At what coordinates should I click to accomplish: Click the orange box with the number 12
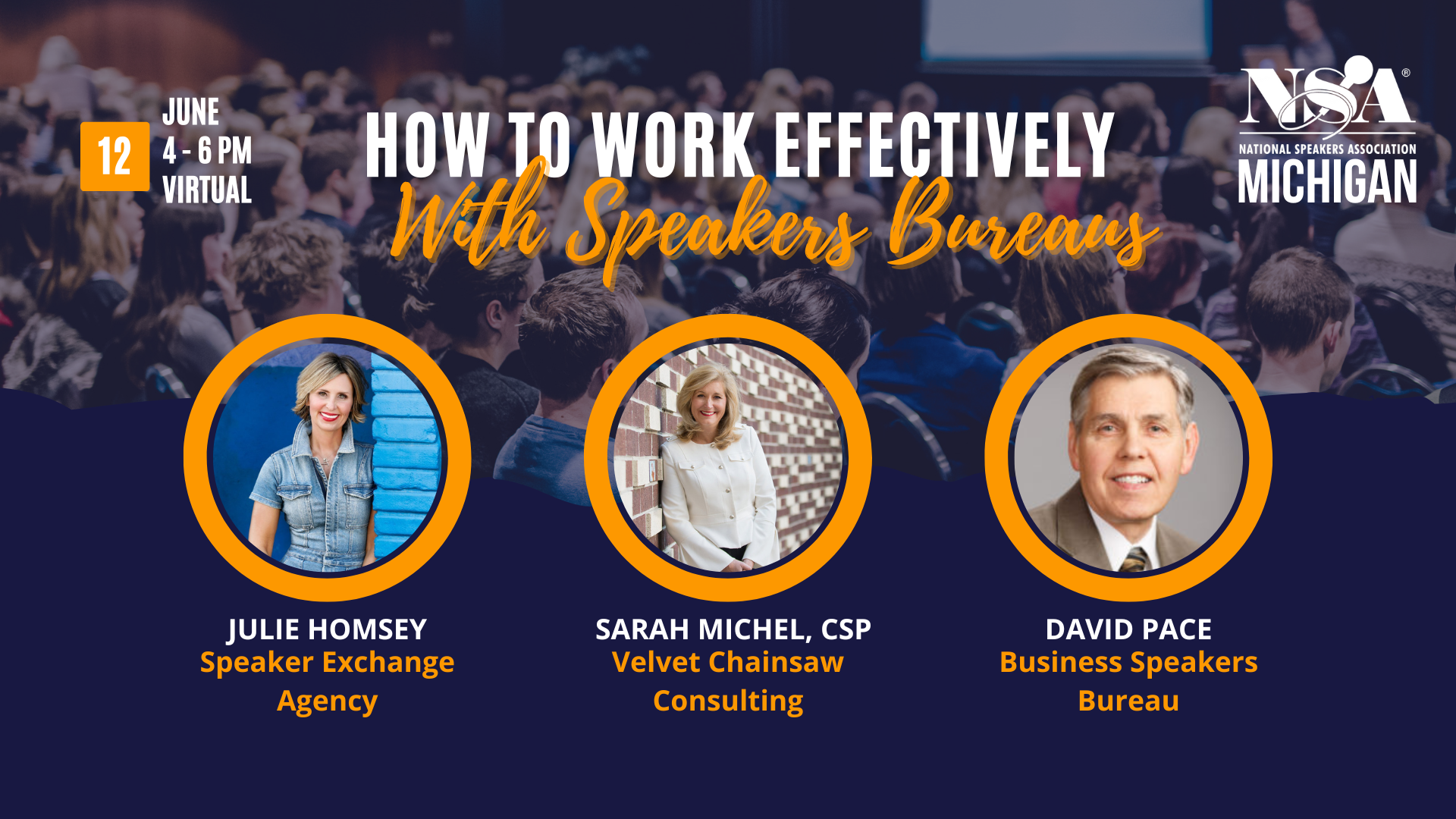click(115, 156)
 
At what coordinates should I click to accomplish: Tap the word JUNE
click(190, 112)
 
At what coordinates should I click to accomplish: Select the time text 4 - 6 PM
click(206, 151)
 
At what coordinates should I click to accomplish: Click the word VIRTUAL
click(206, 190)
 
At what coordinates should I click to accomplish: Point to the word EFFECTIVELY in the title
click(943, 146)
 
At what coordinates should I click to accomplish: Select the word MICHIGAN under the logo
click(1327, 182)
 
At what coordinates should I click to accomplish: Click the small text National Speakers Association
click(1327, 149)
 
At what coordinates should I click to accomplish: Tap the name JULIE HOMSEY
click(327, 629)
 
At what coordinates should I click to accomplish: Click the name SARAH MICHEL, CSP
click(733, 629)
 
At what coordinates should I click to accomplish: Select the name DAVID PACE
click(1128, 629)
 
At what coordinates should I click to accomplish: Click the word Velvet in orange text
click(656, 663)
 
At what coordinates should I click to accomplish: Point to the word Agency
click(327, 701)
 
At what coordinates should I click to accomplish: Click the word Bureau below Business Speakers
click(1128, 701)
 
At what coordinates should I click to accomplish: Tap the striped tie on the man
click(1134, 560)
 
